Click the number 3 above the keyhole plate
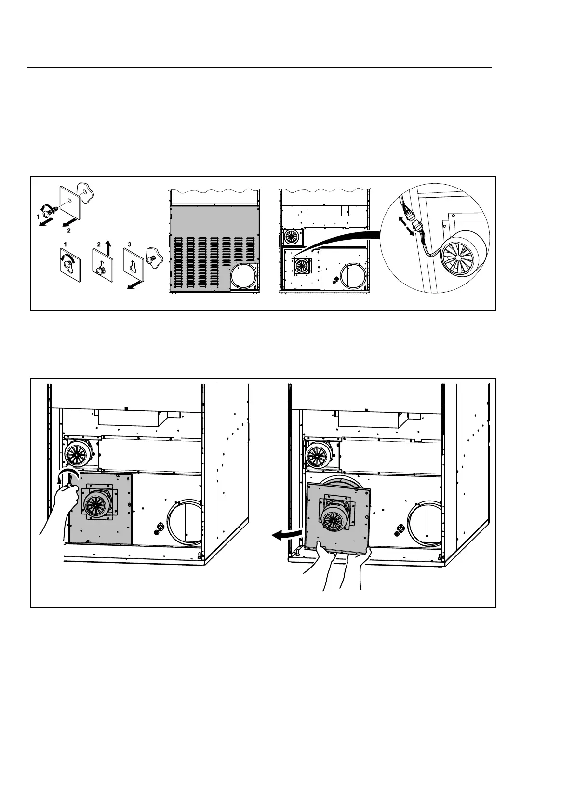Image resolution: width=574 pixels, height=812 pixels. pyautogui.click(x=130, y=244)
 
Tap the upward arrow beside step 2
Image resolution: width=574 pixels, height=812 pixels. pyautogui.click(x=109, y=249)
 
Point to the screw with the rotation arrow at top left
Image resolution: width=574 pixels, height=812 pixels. pyautogui.click(x=48, y=211)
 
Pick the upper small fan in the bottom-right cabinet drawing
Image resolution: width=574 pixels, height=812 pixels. pyautogui.click(x=318, y=453)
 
